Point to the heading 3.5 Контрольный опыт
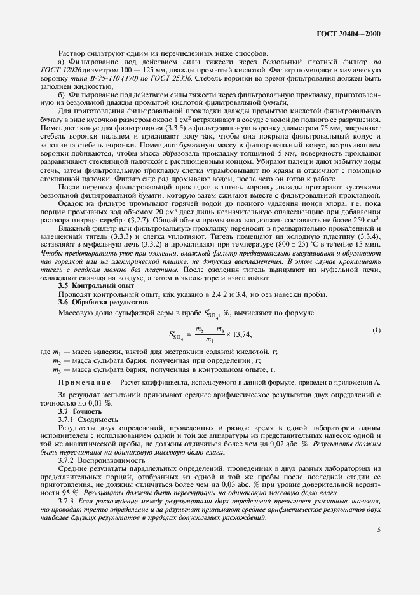(89, 286)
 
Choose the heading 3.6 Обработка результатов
(95, 301)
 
